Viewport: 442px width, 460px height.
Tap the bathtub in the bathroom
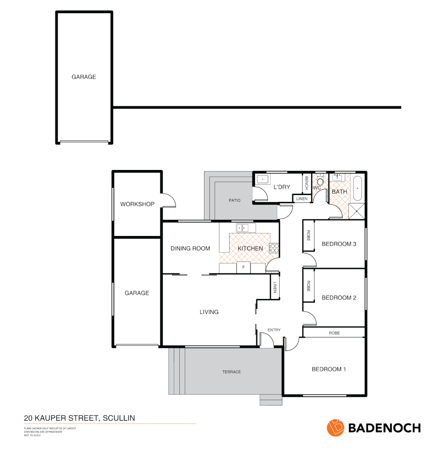tap(357, 188)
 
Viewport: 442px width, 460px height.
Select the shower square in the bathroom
tap(356, 211)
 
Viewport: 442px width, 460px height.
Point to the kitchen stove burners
tap(274, 248)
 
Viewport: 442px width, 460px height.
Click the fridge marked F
tap(243, 267)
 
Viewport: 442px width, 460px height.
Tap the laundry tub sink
tap(263, 179)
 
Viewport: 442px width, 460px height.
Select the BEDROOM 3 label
tap(339, 244)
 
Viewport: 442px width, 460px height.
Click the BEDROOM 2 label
tap(339, 298)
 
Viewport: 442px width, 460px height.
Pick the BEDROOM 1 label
tap(329, 369)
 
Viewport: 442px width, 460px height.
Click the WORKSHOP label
tap(137, 204)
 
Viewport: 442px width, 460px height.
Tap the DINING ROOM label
tap(190, 248)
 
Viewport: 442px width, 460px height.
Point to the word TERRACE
tap(231, 372)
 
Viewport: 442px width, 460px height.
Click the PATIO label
tap(234, 200)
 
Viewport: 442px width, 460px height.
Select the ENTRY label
tap(274, 330)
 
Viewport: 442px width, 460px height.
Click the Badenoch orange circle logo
tap(335, 428)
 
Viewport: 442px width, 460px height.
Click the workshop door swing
tap(169, 200)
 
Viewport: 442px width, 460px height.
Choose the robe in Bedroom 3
tap(308, 236)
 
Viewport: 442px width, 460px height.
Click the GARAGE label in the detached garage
tap(83, 77)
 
